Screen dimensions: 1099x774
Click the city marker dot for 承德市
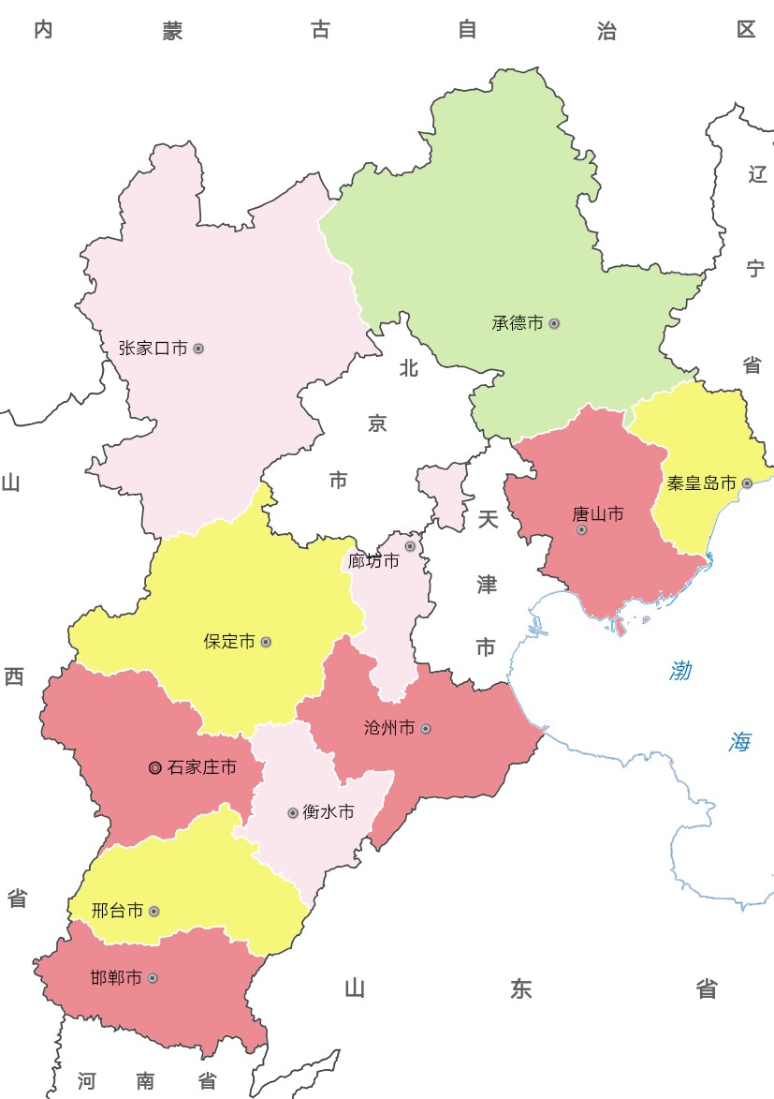554,323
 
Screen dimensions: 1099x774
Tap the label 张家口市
153,349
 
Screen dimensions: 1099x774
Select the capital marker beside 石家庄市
155,768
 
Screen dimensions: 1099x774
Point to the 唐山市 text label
598,514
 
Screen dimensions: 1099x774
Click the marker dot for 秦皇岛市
747,483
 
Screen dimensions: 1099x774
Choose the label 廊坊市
373,561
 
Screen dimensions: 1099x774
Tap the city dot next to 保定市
266,642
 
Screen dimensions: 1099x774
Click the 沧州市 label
388,728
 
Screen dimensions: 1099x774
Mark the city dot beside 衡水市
293,812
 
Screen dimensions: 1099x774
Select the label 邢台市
118,911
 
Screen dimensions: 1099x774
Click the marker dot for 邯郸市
153,978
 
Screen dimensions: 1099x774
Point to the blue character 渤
681,671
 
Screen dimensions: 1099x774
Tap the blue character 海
739,743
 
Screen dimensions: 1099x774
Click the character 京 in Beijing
377,424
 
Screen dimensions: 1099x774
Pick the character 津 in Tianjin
487,585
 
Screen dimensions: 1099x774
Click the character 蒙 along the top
172,31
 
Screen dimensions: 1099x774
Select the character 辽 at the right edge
757,174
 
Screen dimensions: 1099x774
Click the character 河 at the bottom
87,1081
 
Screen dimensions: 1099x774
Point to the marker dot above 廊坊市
410,546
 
